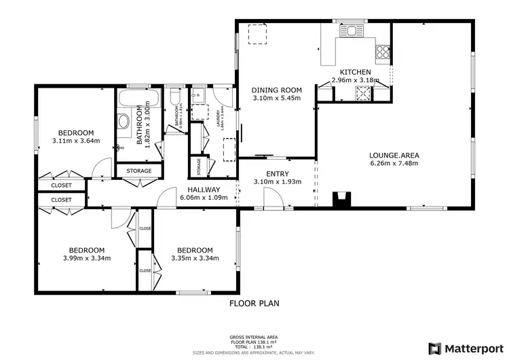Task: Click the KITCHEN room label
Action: click(x=355, y=72)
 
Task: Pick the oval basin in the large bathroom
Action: click(x=124, y=122)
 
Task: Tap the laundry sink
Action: click(x=199, y=95)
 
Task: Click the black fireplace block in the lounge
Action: click(x=342, y=199)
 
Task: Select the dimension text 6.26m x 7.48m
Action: click(x=394, y=164)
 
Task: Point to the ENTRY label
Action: click(x=277, y=175)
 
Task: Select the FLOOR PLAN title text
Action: click(x=254, y=304)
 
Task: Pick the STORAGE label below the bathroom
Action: click(x=138, y=171)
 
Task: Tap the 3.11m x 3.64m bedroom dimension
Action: click(x=75, y=141)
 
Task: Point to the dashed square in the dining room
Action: click(x=257, y=34)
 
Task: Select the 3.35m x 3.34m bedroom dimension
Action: click(x=194, y=258)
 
